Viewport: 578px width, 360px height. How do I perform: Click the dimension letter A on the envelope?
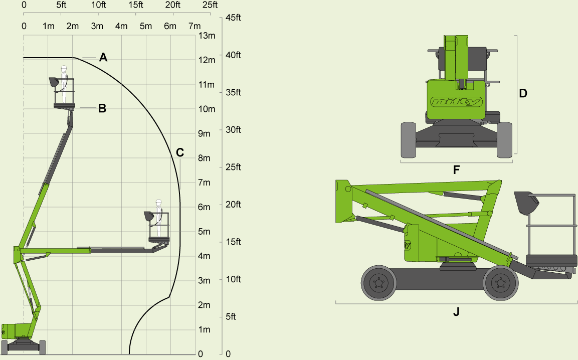(103, 57)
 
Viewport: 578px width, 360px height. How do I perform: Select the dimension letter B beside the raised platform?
(102, 108)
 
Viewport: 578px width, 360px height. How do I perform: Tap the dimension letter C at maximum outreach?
(180, 152)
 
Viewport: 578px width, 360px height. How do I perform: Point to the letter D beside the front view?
(523, 93)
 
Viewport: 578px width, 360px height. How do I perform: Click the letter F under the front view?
(456, 170)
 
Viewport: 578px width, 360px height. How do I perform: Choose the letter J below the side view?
(456, 312)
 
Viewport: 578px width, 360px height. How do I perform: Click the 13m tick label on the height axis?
(207, 36)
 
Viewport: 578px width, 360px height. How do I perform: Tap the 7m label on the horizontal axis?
(194, 26)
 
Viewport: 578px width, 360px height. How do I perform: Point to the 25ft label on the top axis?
(210, 6)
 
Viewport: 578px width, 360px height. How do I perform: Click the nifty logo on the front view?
(456, 102)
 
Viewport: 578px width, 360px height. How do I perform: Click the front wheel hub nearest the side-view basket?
(500, 283)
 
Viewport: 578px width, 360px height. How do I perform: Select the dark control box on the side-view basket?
(526, 203)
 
